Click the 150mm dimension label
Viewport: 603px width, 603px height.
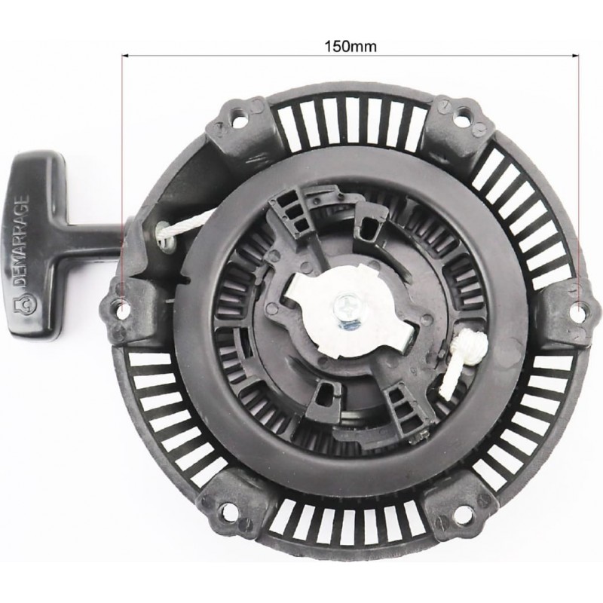point(350,47)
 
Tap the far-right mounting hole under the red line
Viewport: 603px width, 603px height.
point(580,307)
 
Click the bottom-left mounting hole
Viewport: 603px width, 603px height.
point(228,511)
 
